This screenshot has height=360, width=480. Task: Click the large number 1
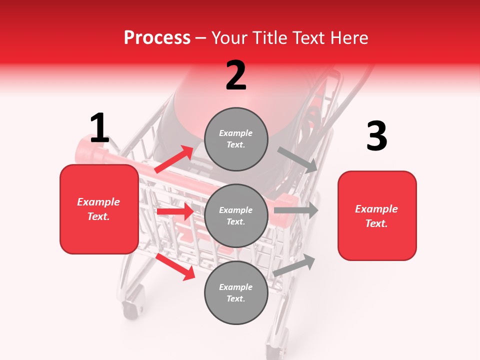99,128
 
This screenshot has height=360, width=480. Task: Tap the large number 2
236,76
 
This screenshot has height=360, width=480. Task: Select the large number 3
376,136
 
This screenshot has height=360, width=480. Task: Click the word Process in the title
157,37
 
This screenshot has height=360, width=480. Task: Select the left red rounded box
99,209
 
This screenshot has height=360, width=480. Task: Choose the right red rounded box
377,215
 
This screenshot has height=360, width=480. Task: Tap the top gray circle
236,139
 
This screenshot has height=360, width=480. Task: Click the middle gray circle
236,215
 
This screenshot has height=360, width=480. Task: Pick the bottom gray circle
236,292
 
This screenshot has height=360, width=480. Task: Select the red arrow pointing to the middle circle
175,211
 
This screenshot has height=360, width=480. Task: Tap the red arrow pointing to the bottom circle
175,266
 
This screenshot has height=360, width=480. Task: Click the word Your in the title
228,37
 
